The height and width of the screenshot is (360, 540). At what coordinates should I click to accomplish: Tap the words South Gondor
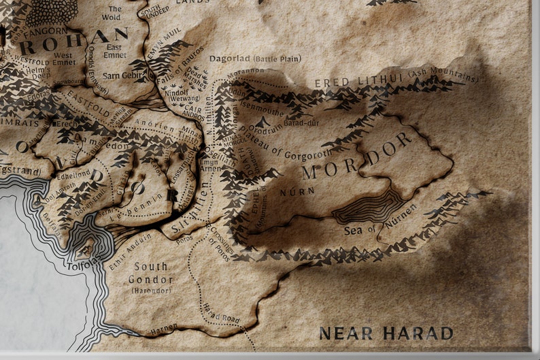(x=150, y=273)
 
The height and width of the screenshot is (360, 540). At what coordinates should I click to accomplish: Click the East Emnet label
(x=114, y=51)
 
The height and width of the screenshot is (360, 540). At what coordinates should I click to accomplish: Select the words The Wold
(x=111, y=13)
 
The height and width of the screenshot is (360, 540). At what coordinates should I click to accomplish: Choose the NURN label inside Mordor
(x=297, y=192)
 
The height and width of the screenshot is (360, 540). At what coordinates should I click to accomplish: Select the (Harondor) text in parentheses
(x=150, y=290)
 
